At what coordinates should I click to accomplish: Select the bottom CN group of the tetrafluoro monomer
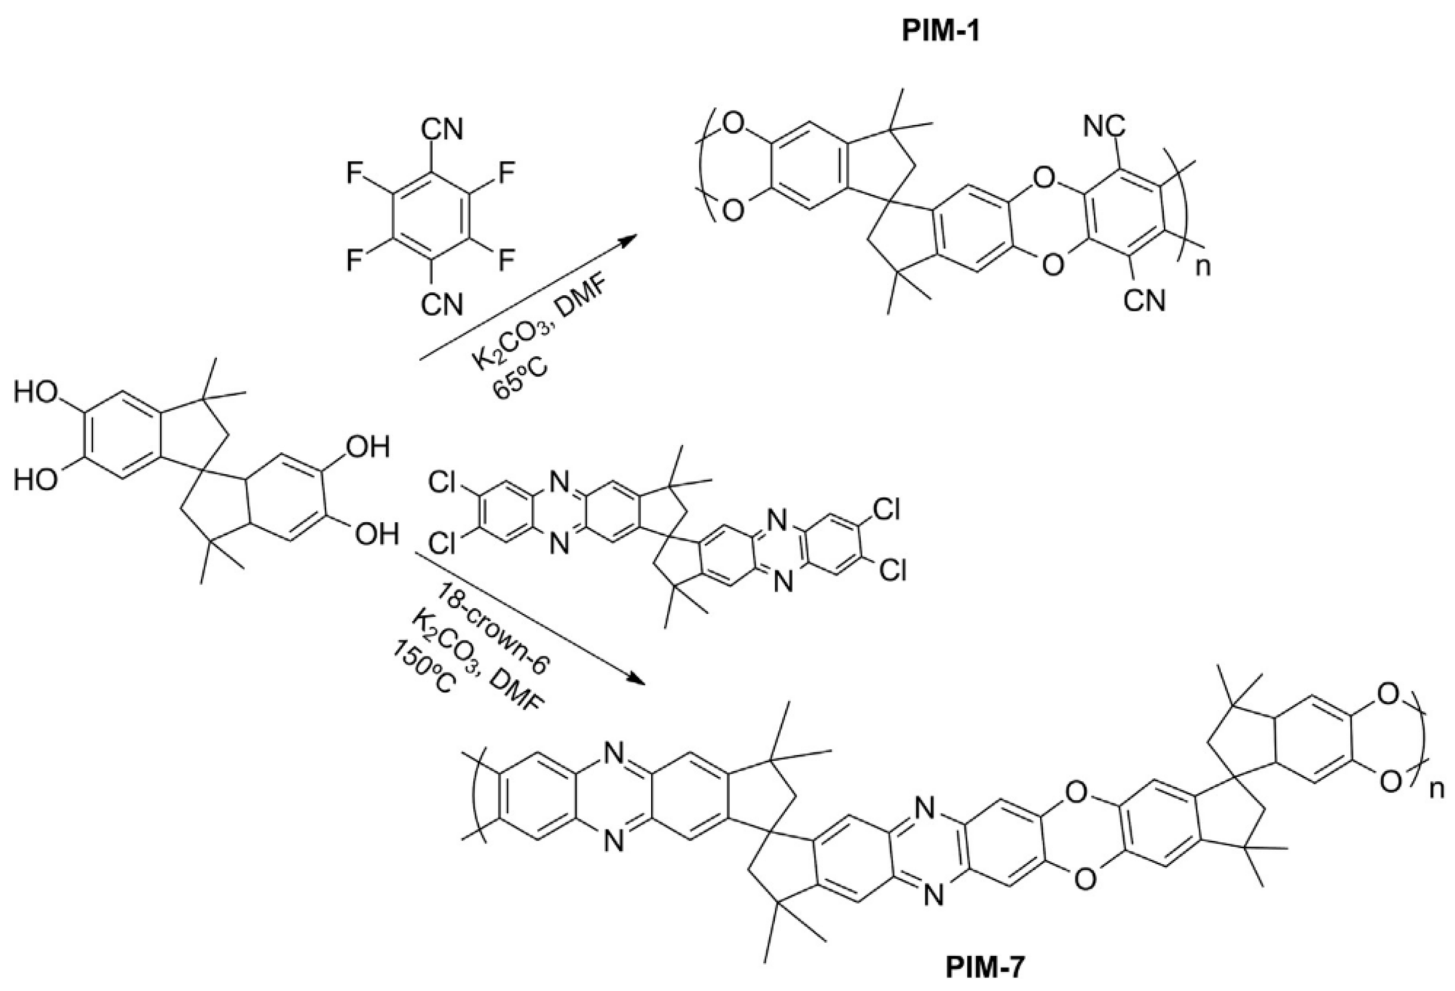click(x=442, y=306)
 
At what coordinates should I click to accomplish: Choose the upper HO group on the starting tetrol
click(x=35, y=394)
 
